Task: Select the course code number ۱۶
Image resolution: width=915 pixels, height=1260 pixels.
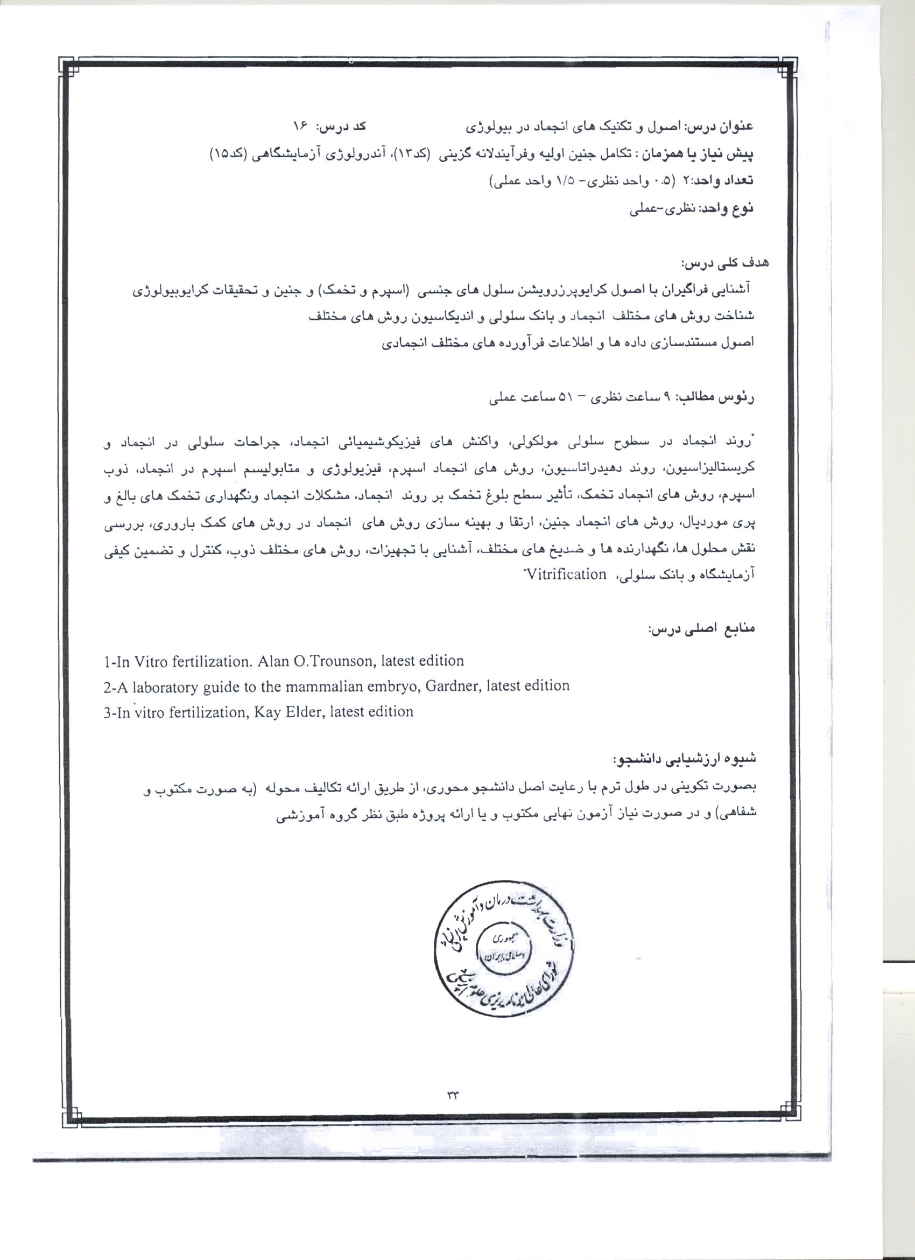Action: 300,127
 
